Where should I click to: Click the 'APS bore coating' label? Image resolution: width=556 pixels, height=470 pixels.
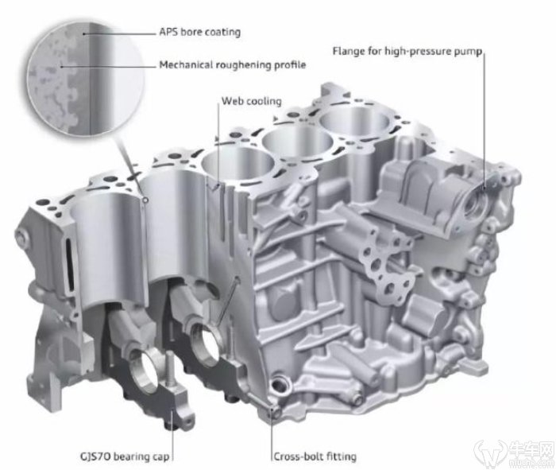coord(199,32)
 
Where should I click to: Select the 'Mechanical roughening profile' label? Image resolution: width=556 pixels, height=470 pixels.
coord(233,65)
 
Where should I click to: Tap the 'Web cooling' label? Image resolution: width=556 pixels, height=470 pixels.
coord(252,101)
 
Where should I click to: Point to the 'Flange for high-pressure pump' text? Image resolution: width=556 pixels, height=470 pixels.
coord(407,52)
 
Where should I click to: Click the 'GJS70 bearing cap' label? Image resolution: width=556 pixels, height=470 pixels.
coord(125,456)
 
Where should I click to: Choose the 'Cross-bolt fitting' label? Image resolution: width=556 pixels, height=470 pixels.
coord(315,456)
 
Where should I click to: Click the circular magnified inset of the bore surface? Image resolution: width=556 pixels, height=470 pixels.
coord(86,79)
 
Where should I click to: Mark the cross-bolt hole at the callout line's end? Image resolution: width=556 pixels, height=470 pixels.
coord(273,411)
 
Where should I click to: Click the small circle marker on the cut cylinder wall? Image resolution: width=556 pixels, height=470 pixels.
coord(145,201)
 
